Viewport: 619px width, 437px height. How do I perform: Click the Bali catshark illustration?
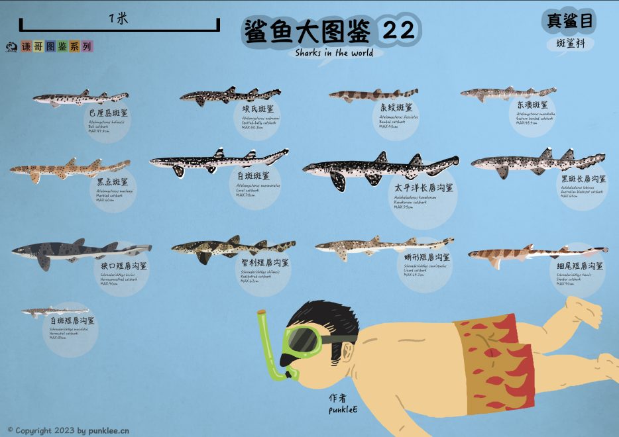coord(80,99)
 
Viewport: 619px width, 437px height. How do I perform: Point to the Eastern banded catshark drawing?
coord(508,93)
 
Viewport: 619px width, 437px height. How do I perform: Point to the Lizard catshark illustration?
coord(381,246)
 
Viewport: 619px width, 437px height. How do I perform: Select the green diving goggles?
coord(306,340)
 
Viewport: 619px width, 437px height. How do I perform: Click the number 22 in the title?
coord(398,30)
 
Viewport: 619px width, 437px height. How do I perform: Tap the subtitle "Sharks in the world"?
coord(334,53)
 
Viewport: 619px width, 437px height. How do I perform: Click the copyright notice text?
coord(68,430)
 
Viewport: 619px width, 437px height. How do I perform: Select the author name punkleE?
coord(343,410)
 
